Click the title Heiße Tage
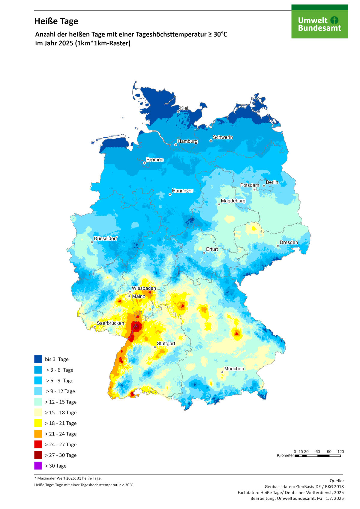pyautogui.click(x=56, y=21)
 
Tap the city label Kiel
pyautogui.click(x=184, y=108)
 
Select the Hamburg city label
pyautogui.click(x=187, y=141)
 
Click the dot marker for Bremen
pyautogui.click(x=145, y=163)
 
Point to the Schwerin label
pyautogui.click(x=223, y=137)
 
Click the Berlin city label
pyautogui.click(x=272, y=182)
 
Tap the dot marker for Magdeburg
pyautogui.click(x=219, y=204)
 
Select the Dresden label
pyautogui.click(x=289, y=242)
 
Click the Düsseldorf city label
pyautogui.click(x=105, y=238)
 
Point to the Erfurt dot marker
pyautogui.click(x=204, y=253)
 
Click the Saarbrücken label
pyautogui.click(x=110, y=323)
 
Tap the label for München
pyautogui.click(x=234, y=369)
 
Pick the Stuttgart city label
pyautogui.click(x=166, y=344)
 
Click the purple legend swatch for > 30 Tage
pyautogui.click(x=38, y=466)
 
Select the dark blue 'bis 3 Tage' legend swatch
pyautogui.click(x=38, y=359)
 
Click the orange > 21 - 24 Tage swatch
pyautogui.click(x=38, y=434)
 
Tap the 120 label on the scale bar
pyautogui.click(x=340, y=451)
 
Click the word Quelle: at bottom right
pyautogui.click(x=337, y=481)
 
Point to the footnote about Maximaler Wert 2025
pyautogui.click(x=68, y=478)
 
